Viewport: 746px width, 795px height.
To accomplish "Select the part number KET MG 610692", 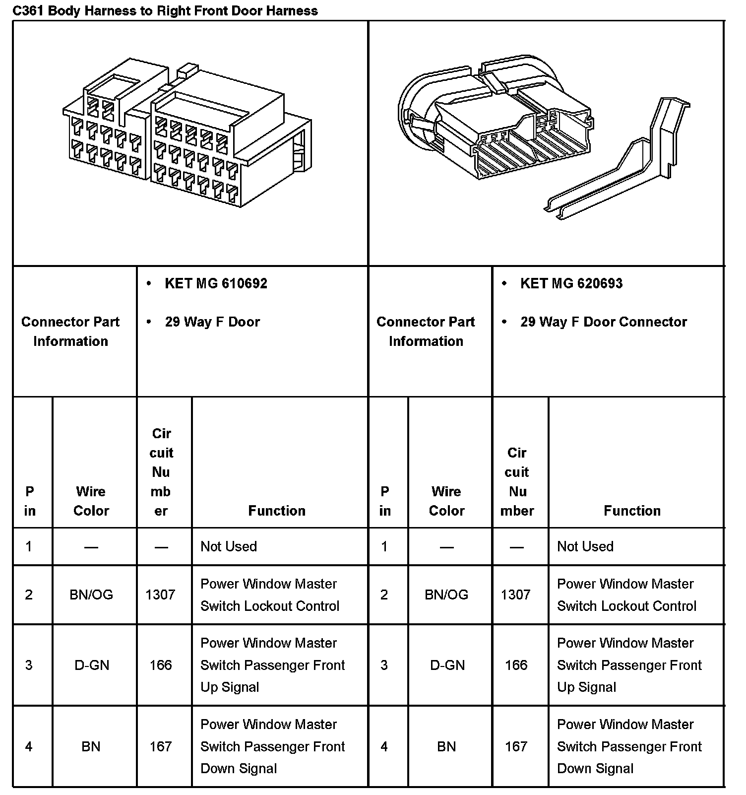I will point(216,283).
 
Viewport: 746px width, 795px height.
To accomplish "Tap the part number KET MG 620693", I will point(571,283).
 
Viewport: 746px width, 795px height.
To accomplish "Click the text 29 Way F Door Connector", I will point(603,322).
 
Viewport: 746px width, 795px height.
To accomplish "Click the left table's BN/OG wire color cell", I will point(91,595).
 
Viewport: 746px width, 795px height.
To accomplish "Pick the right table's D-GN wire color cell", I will point(447,665).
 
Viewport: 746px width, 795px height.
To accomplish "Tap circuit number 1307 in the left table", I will point(160,595).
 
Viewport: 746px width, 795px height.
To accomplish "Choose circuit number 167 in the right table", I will point(516,746).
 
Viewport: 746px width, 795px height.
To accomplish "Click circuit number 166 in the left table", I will point(161,665).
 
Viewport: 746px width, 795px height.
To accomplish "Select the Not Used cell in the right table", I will point(585,546).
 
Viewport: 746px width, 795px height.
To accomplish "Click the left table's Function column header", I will point(277,511).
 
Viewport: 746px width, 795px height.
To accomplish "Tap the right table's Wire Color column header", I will point(446,501).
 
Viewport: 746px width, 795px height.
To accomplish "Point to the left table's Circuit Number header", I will point(161,472).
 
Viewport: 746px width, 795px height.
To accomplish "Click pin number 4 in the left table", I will point(29,746).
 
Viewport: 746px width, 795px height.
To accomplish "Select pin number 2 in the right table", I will point(384,595).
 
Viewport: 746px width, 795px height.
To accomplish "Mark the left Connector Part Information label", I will point(70,331).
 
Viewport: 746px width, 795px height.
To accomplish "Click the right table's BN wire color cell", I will point(446,746).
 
